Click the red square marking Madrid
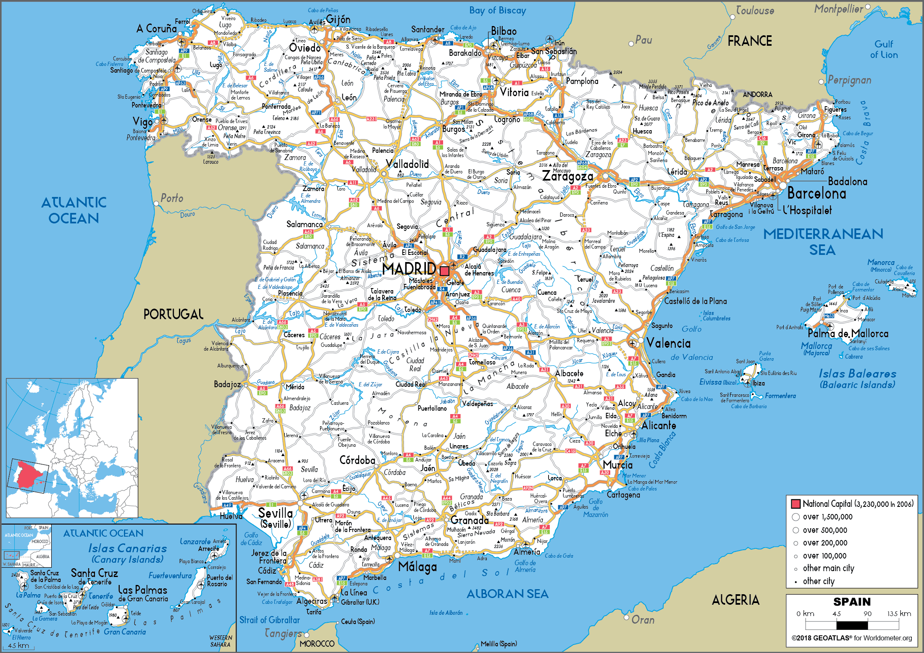click(444, 271)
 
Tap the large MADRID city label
click(409, 269)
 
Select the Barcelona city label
click(816, 194)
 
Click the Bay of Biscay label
click(497, 11)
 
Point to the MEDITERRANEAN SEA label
click(823, 241)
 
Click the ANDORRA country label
click(757, 94)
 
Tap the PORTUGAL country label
click(173, 314)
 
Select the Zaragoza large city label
click(567, 176)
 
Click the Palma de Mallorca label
click(848, 334)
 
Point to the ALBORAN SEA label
click(507, 594)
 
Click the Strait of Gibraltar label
click(270, 620)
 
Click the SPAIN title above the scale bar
click(852, 602)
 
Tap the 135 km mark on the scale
click(899, 614)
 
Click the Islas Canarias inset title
click(127, 548)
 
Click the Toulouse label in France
click(755, 11)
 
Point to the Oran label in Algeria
click(643, 620)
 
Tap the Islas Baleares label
click(857, 374)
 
